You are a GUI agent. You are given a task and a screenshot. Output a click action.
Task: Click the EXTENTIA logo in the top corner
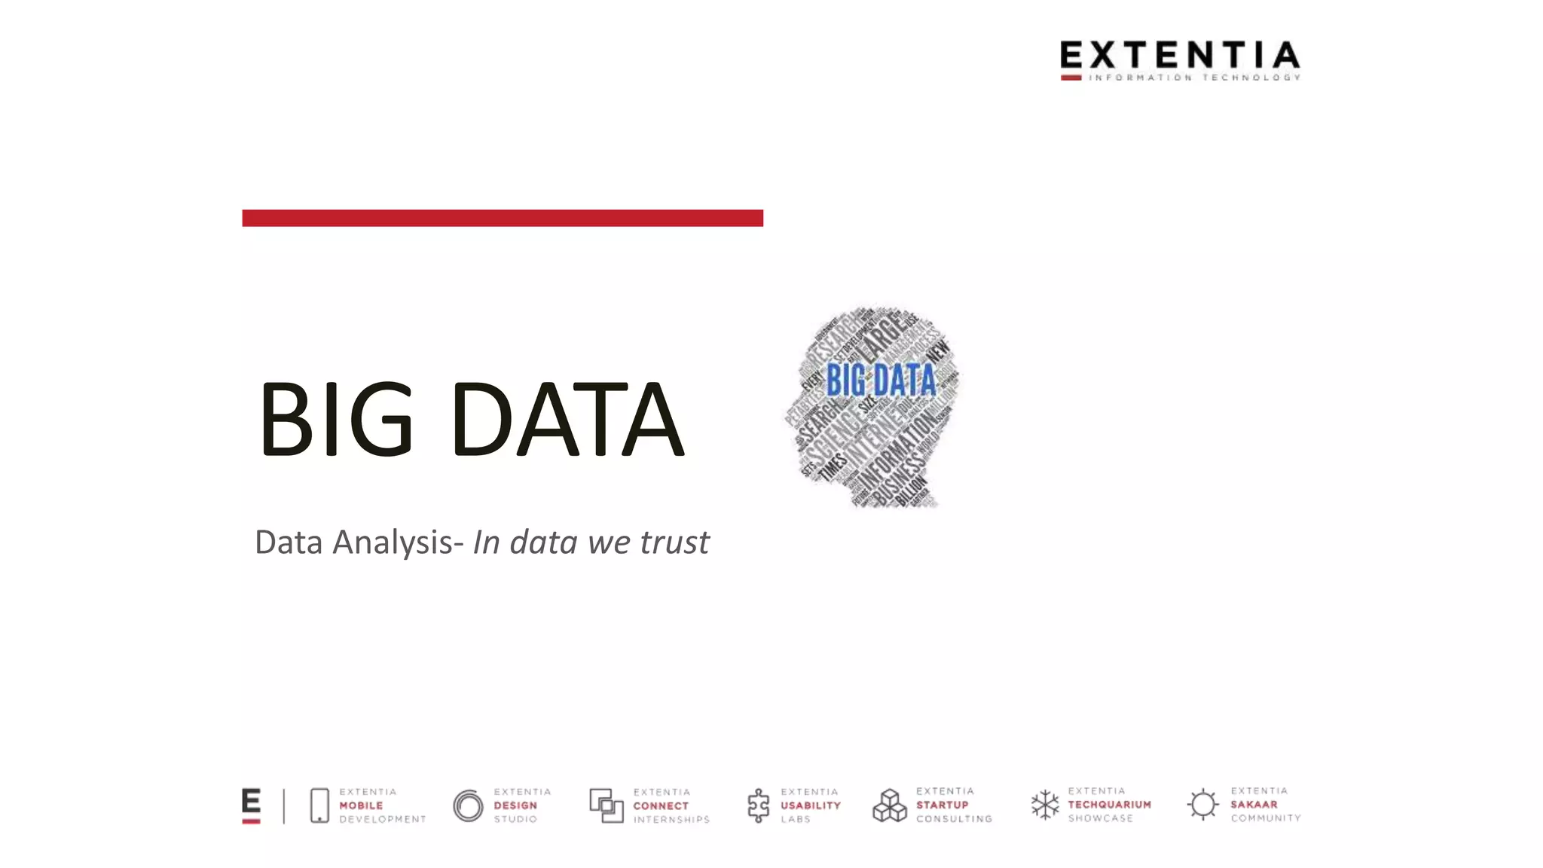tap(1180, 60)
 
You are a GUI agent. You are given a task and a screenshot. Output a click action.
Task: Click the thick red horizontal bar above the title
tap(503, 218)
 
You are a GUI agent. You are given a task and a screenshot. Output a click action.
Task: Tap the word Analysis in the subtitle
tap(393, 542)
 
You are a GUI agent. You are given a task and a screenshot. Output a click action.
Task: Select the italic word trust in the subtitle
tap(674, 542)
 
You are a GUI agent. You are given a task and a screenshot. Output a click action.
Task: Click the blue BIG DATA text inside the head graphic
tap(881, 380)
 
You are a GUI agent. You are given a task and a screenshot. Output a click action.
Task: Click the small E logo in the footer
tap(251, 805)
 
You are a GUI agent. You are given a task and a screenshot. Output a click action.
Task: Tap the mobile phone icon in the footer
tap(319, 805)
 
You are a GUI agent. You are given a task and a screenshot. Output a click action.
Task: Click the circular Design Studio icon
tap(468, 805)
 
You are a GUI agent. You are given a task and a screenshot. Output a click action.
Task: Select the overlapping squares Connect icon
tap(606, 805)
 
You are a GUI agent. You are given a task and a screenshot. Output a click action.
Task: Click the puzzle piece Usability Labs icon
tap(758, 805)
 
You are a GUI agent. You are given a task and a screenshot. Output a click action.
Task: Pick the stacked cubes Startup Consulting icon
tap(890, 805)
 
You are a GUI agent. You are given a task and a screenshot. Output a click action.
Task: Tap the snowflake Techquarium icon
tap(1045, 805)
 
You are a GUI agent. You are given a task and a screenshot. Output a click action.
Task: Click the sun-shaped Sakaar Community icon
tap(1203, 804)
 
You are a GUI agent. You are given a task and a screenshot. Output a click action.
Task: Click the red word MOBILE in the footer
tap(361, 805)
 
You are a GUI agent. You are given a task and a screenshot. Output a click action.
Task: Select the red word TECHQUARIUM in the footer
tap(1109, 805)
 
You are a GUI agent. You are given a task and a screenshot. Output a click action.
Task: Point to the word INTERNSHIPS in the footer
tap(671, 819)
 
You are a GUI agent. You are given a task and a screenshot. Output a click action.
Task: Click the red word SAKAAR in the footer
tap(1254, 804)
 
